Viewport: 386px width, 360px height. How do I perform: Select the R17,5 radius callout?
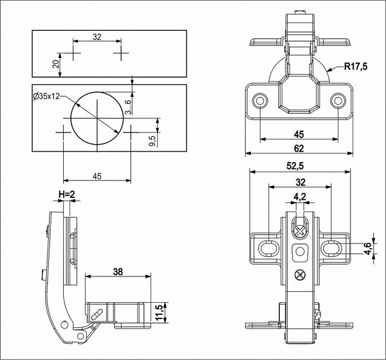point(355,66)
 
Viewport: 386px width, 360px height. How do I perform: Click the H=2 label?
point(67,194)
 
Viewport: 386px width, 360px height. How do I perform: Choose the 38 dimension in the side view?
point(118,271)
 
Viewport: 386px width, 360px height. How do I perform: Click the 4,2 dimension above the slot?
point(299,197)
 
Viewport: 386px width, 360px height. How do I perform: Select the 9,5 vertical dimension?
point(152,141)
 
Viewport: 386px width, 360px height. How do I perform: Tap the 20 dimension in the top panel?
point(57,62)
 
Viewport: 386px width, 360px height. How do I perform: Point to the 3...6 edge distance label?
point(129,106)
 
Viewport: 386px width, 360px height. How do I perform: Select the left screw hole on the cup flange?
point(260,101)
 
